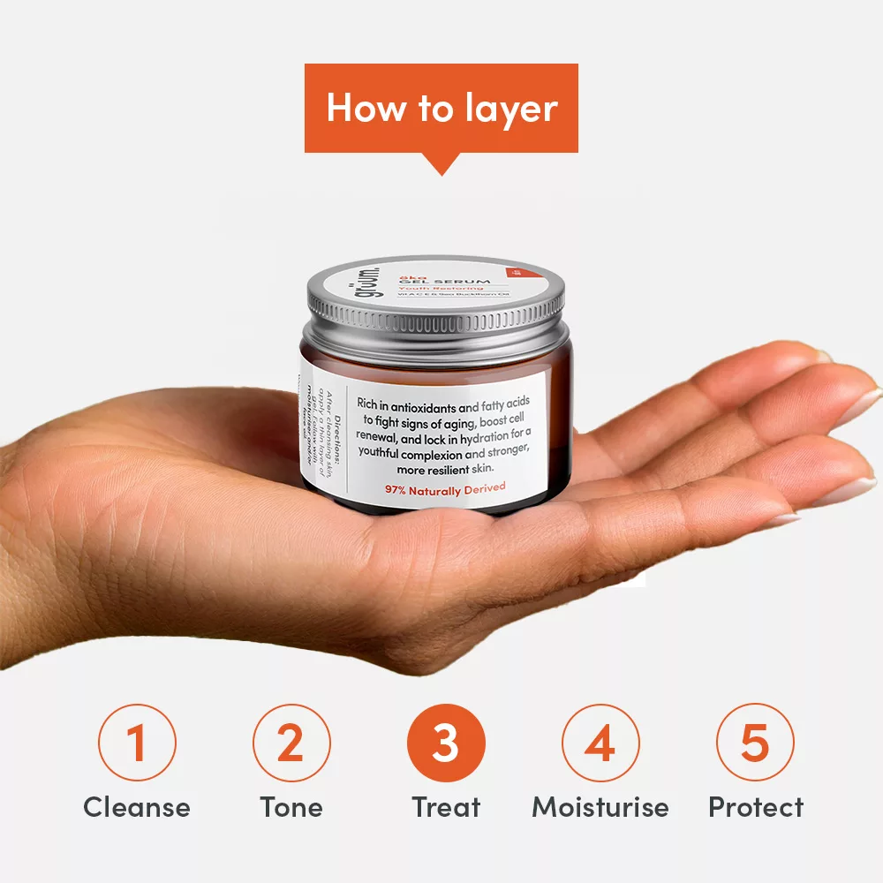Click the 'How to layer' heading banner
click(441, 108)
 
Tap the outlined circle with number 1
click(137, 743)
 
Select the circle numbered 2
click(291, 743)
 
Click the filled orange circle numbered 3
click(446, 743)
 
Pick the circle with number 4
click(600, 743)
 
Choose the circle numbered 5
click(755, 743)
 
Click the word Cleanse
click(137, 807)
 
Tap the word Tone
click(291, 807)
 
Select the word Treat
click(446, 807)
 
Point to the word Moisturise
click(600, 807)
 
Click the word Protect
click(756, 807)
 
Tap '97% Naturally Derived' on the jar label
click(445, 488)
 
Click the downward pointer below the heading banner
click(441, 164)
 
